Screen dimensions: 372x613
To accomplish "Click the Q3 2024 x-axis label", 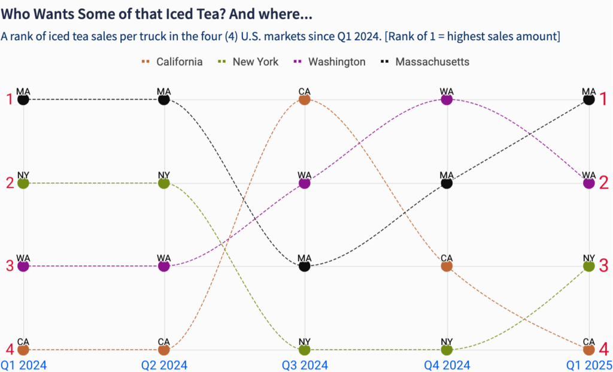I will click(305, 365).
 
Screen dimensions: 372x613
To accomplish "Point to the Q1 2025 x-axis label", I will click(589, 365).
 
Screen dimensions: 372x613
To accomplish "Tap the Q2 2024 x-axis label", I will click(164, 365).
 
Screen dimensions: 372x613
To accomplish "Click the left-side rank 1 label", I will click(9, 99).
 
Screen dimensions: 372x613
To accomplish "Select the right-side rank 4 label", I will click(604, 349).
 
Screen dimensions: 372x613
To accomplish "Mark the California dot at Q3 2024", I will click(305, 99).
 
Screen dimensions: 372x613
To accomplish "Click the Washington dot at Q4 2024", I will click(447, 99).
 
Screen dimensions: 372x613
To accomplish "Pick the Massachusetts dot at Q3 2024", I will click(305, 266).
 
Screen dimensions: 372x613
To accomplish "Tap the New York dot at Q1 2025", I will click(589, 266).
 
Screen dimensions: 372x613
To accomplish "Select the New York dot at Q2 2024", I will click(164, 183).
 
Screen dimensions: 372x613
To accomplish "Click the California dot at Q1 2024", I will click(23, 349).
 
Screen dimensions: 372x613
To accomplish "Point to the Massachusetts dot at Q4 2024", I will click(447, 183).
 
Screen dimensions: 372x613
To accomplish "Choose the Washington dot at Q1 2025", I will click(589, 183).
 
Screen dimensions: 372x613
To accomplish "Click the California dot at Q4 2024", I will click(447, 266).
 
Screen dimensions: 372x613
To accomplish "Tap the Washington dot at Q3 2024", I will click(305, 183).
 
